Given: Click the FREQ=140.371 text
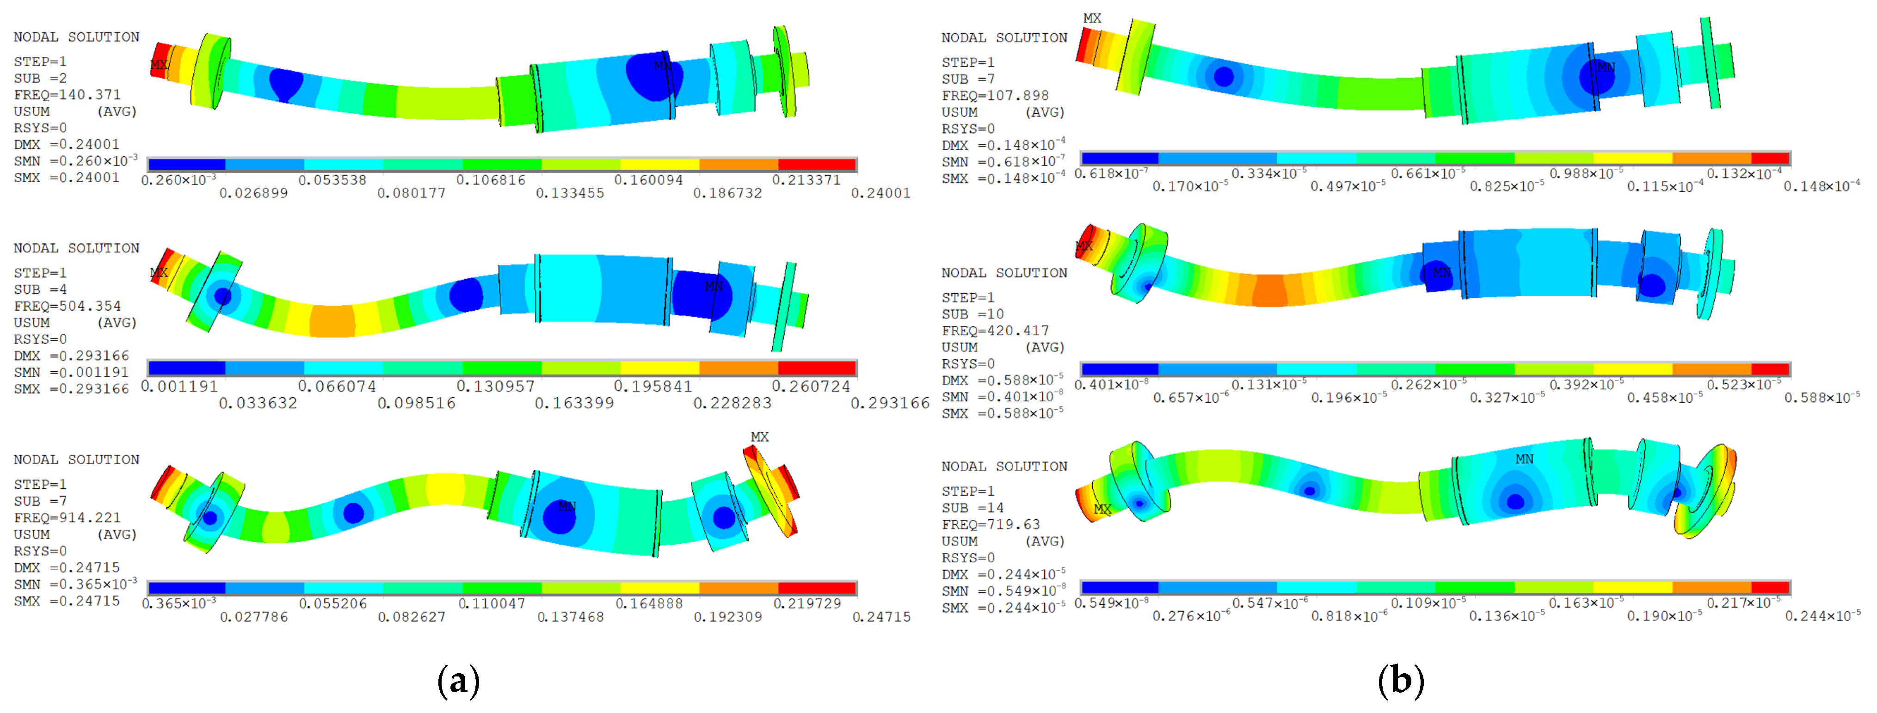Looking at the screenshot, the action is pyautogui.click(x=67, y=95).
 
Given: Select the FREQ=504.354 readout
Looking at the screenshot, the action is pyautogui.click(x=67, y=306).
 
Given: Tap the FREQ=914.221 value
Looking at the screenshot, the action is pyautogui.click(x=67, y=518).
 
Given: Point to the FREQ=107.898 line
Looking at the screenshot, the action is pyautogui.click(x=995, y=95).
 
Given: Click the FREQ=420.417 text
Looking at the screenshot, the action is pyautogui.click(x=995, y=331).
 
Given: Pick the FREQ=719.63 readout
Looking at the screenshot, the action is pyautogui.click(x=991, y=524).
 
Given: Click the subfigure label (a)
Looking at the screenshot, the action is pyautogui.click(x=458, y=681).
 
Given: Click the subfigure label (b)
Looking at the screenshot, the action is pyautogui.click(x=1400, y=681).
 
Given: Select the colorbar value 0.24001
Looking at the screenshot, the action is pyautogui.click(x=881, y=193).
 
